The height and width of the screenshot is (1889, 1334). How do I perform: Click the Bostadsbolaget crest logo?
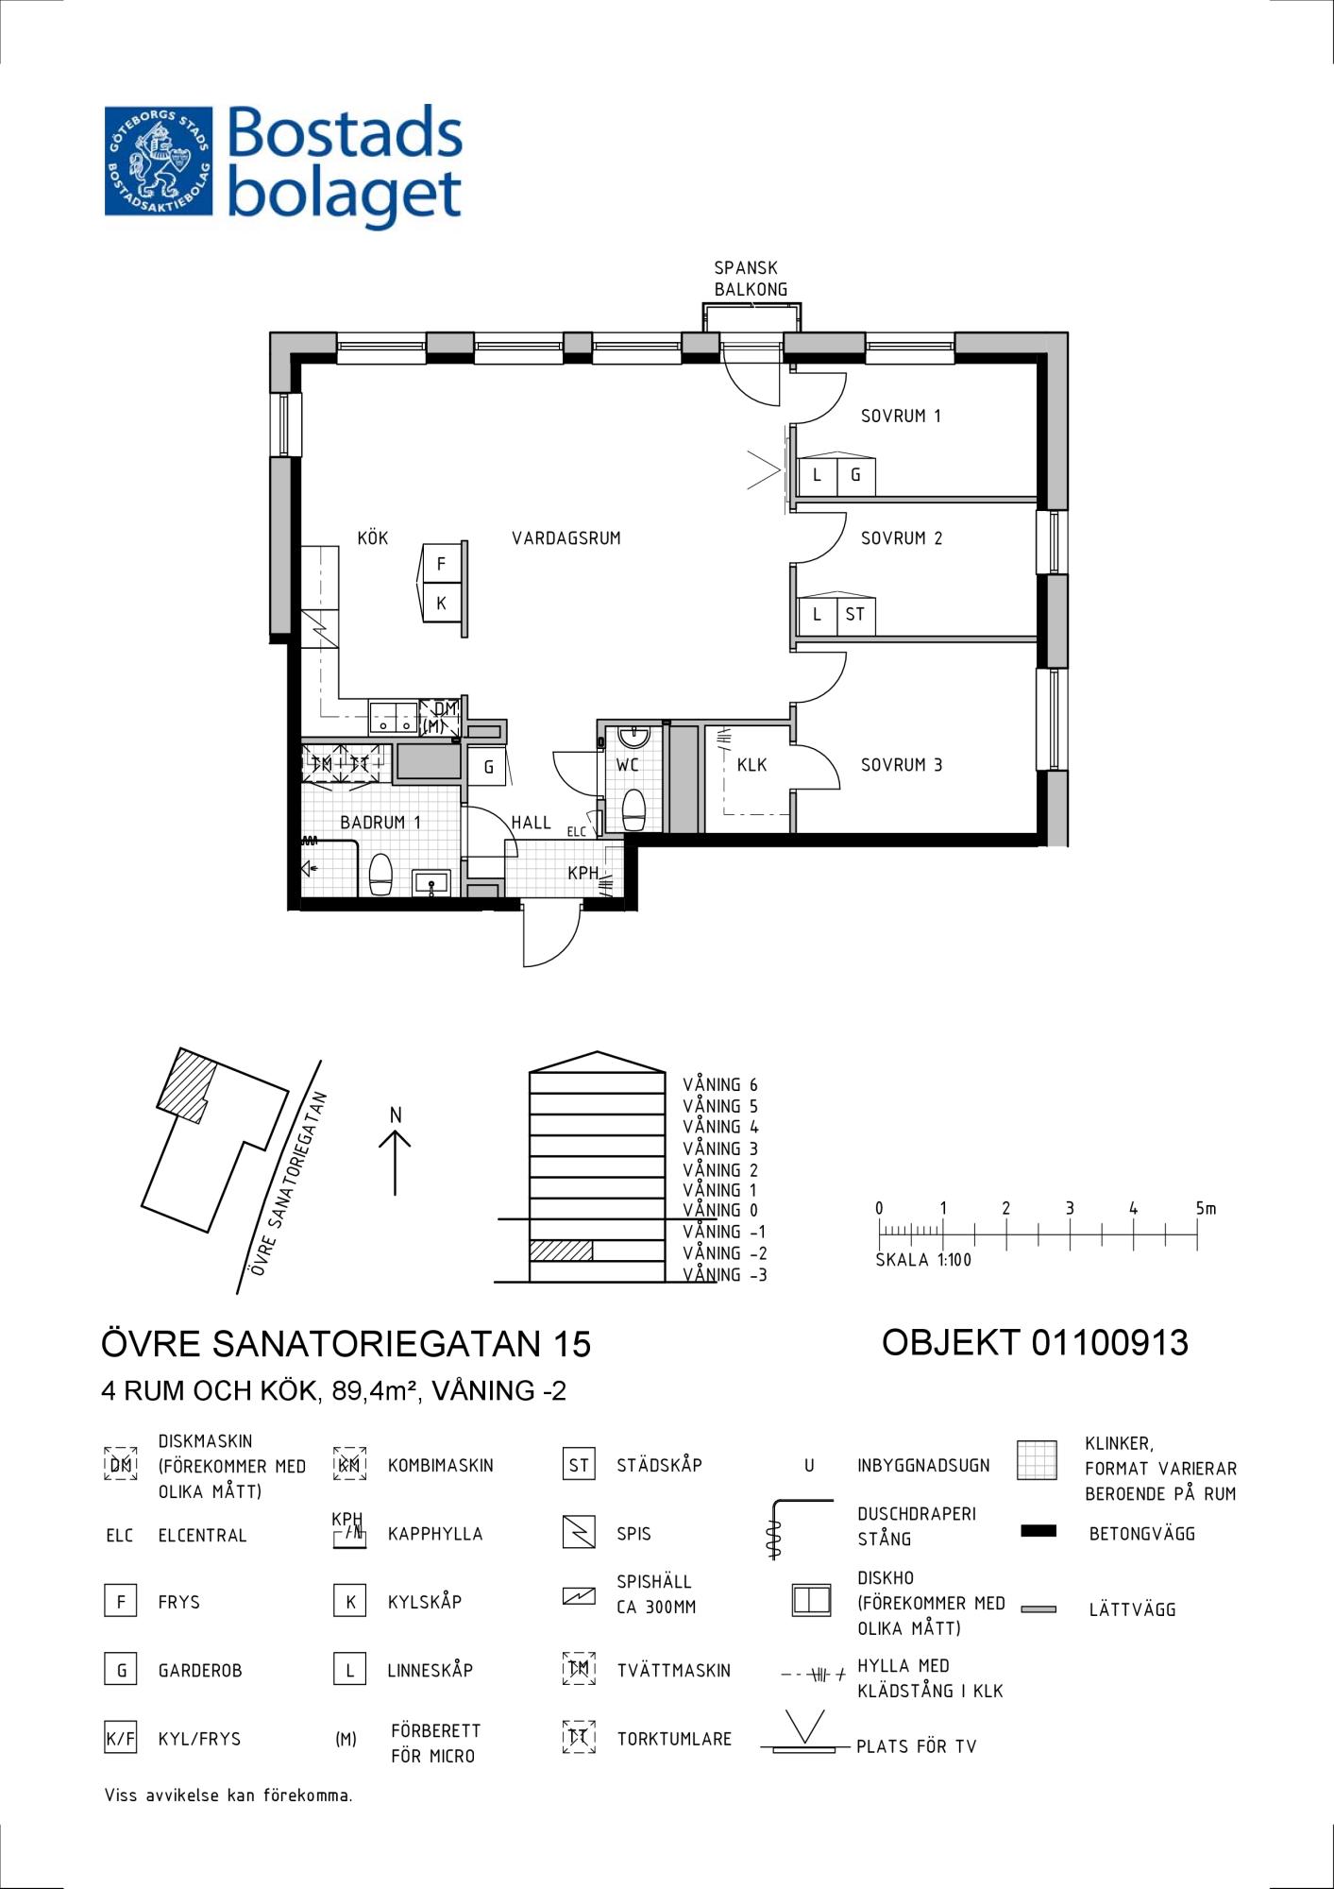click(159, 161)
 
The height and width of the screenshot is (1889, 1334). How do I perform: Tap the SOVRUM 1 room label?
click(901, 416)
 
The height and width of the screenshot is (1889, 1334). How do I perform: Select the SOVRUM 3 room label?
click(902, 765)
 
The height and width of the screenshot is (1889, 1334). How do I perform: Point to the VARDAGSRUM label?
click(566, 538)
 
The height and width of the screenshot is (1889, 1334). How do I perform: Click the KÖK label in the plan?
click(373, 538)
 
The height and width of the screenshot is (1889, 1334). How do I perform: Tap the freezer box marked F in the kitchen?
click(441, 565)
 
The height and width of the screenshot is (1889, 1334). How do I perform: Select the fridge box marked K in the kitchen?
click(441, 603)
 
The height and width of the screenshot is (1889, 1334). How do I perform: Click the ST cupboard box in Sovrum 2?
click(855, 615)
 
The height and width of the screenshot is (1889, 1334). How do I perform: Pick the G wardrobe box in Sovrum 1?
click(855, 475)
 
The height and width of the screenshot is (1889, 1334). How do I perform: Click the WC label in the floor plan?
click(628, 765)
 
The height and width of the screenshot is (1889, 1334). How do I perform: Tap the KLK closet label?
click(751, 765)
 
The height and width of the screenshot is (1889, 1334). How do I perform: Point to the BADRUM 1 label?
click(380, 823)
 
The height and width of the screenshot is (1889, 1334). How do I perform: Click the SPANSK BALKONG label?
click(751, 279)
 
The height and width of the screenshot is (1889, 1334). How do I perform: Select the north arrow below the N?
click(395, 1163)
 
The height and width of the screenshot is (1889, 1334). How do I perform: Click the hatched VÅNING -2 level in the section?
click(561, 1251)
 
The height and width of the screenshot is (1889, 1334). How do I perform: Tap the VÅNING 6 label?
click(720, 1085)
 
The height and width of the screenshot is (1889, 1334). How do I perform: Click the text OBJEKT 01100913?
click(1035, 1342)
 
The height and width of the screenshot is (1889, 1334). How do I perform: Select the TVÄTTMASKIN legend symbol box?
click(579, 1669)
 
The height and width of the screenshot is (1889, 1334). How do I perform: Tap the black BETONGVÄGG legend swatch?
click(1038, 1531)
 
